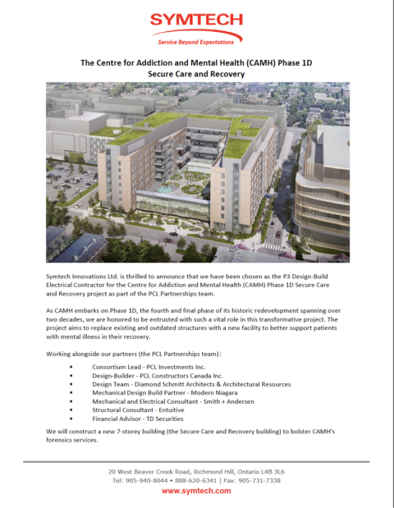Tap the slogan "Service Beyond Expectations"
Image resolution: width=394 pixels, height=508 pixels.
[x=196, y=40]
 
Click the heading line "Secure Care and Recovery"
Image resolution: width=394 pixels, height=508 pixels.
[x=196, y=73]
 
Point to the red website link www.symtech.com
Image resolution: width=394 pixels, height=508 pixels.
[x=196, y=490]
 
